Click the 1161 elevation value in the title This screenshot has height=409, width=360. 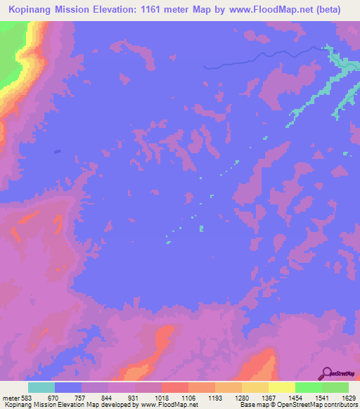pos(165,11)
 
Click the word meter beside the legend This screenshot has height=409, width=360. pos(9,398)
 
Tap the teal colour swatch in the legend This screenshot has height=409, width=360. pos(41,387)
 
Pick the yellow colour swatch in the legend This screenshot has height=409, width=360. pos(281,387)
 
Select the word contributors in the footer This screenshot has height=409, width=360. pos(340,405)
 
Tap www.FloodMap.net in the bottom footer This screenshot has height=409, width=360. pos(169,405)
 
